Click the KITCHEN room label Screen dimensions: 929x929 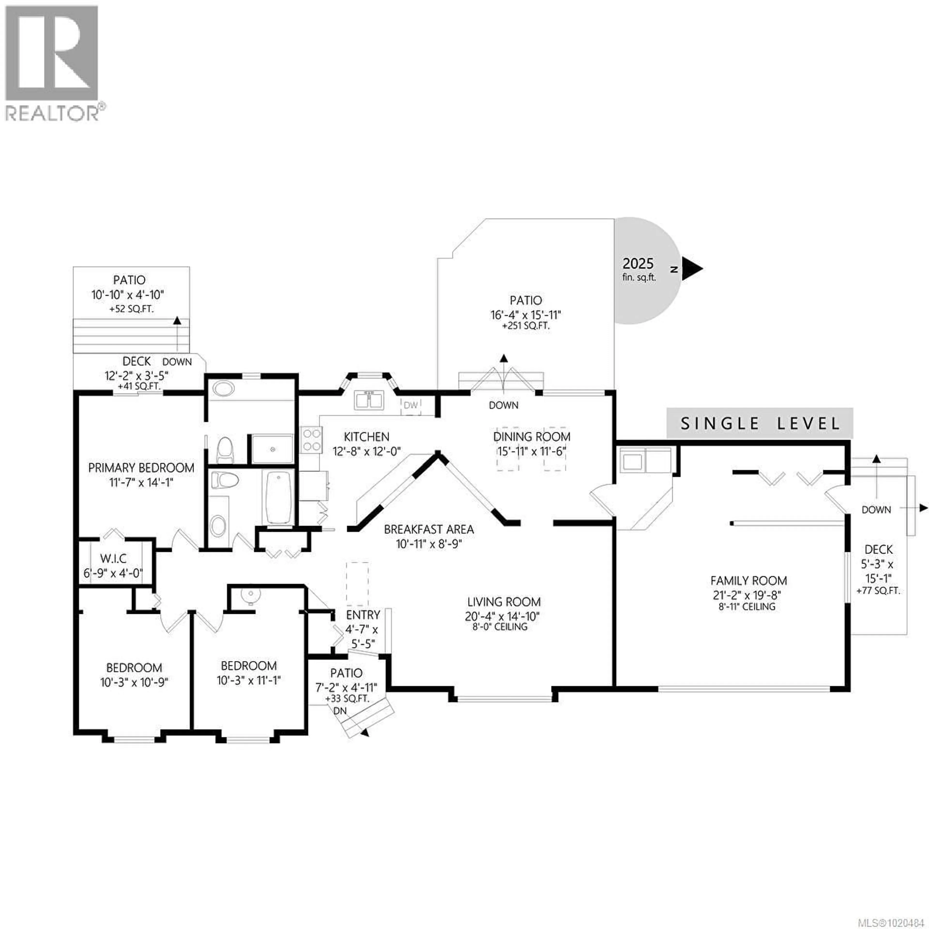coord(367,437)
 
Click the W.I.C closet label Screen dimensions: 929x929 coord(113,558)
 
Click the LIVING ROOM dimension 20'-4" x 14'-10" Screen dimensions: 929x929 coord(502,616)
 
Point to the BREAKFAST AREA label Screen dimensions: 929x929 coord(428,529)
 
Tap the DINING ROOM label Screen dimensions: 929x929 coord(532,437)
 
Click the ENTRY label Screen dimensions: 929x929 coord(363,614)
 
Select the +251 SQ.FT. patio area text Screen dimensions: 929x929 coord(526,326)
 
